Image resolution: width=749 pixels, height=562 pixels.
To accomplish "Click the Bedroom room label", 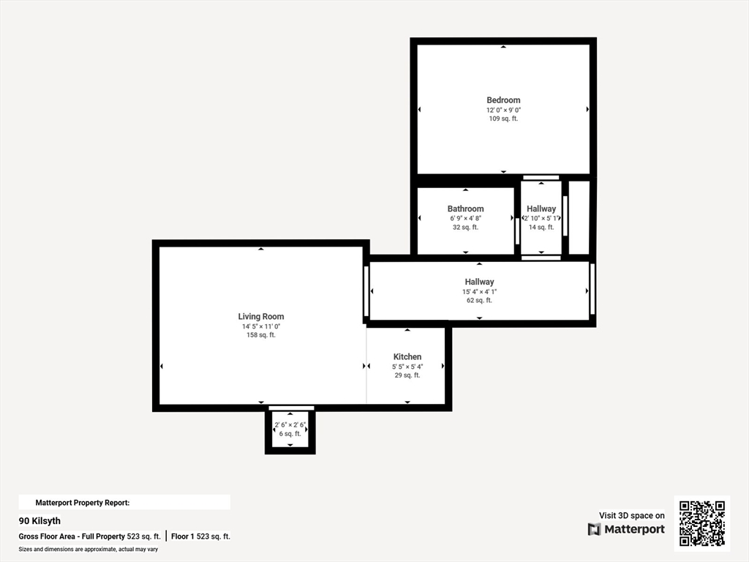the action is [503, 100].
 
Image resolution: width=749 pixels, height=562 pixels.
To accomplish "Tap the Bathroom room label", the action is [465, 209].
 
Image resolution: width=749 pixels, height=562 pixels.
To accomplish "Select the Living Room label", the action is [261, 316].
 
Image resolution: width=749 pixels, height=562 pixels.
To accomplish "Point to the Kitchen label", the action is [407, 356].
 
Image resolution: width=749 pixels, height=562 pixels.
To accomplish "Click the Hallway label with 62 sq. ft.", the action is [479, 282].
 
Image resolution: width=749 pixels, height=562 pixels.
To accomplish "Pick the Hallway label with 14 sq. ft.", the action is [541, 209].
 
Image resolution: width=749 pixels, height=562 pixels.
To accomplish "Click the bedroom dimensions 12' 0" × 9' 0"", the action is [503, 110].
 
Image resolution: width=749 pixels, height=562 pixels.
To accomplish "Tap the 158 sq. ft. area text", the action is [261, 335].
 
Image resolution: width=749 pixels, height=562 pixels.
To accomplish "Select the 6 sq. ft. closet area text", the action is [290, 433].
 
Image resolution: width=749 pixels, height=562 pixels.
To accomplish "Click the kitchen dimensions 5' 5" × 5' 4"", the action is [407, 367].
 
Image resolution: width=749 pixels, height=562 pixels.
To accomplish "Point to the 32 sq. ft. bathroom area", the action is [465, 227].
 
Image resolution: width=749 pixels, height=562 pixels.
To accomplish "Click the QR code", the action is [702, 523].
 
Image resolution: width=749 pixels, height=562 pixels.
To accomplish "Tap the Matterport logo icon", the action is [594, 529].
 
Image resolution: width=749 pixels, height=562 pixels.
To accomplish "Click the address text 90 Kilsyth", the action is [39, 521].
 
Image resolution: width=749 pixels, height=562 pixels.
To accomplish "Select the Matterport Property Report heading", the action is [83, 503].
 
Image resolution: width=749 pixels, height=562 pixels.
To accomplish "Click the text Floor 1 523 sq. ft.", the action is [200, 536].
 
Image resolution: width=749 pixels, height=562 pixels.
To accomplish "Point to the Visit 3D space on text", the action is [631, 515].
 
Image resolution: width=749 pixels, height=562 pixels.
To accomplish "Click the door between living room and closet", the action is [291, 408].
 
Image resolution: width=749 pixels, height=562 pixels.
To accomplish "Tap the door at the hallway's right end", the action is [592, 289].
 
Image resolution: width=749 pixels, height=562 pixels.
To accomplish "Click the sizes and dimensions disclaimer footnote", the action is [89, 549].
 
